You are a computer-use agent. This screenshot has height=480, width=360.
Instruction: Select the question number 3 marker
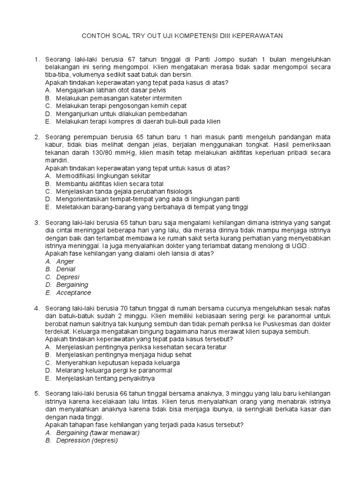click(36, 222)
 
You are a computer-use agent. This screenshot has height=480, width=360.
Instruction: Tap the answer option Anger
click(65, 261)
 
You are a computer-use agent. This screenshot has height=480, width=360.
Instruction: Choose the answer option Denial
click(66, 269)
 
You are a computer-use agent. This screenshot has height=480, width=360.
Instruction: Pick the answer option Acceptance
click(74, 292)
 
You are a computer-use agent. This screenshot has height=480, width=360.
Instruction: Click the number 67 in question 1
click(131, 59)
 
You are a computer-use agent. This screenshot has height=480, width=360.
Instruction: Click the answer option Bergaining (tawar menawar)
click(98, 433)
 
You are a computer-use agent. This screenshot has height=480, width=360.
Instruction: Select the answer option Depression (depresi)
click(87, 441)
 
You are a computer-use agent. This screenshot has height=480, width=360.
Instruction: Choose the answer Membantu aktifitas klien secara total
click(110, 184)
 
